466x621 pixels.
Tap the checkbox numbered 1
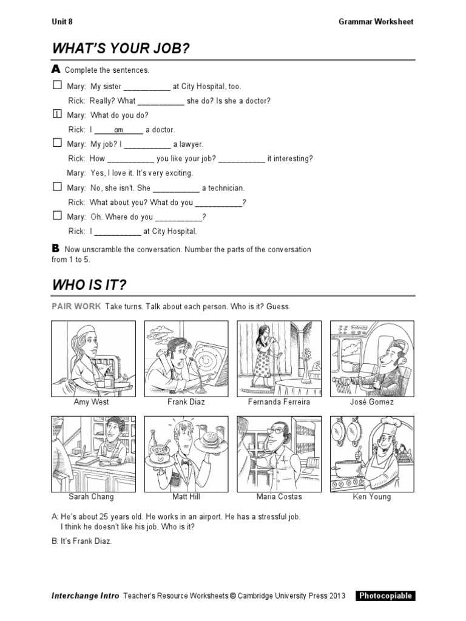coord(57,114)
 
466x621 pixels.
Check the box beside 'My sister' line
coord(57,86)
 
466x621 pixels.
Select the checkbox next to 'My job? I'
coord(57,143)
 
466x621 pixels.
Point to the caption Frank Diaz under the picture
coord(186,402)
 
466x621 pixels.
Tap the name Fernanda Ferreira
coord(279,402)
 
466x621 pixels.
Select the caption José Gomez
coord(372,402)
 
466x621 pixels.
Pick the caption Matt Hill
coord(186,497)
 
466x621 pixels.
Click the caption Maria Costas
coord(279,497)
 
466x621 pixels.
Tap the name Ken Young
coord(372,497)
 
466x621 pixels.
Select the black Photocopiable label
coord(385,596)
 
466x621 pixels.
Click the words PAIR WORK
coord(76,307)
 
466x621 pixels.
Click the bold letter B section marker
coord(56,249)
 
